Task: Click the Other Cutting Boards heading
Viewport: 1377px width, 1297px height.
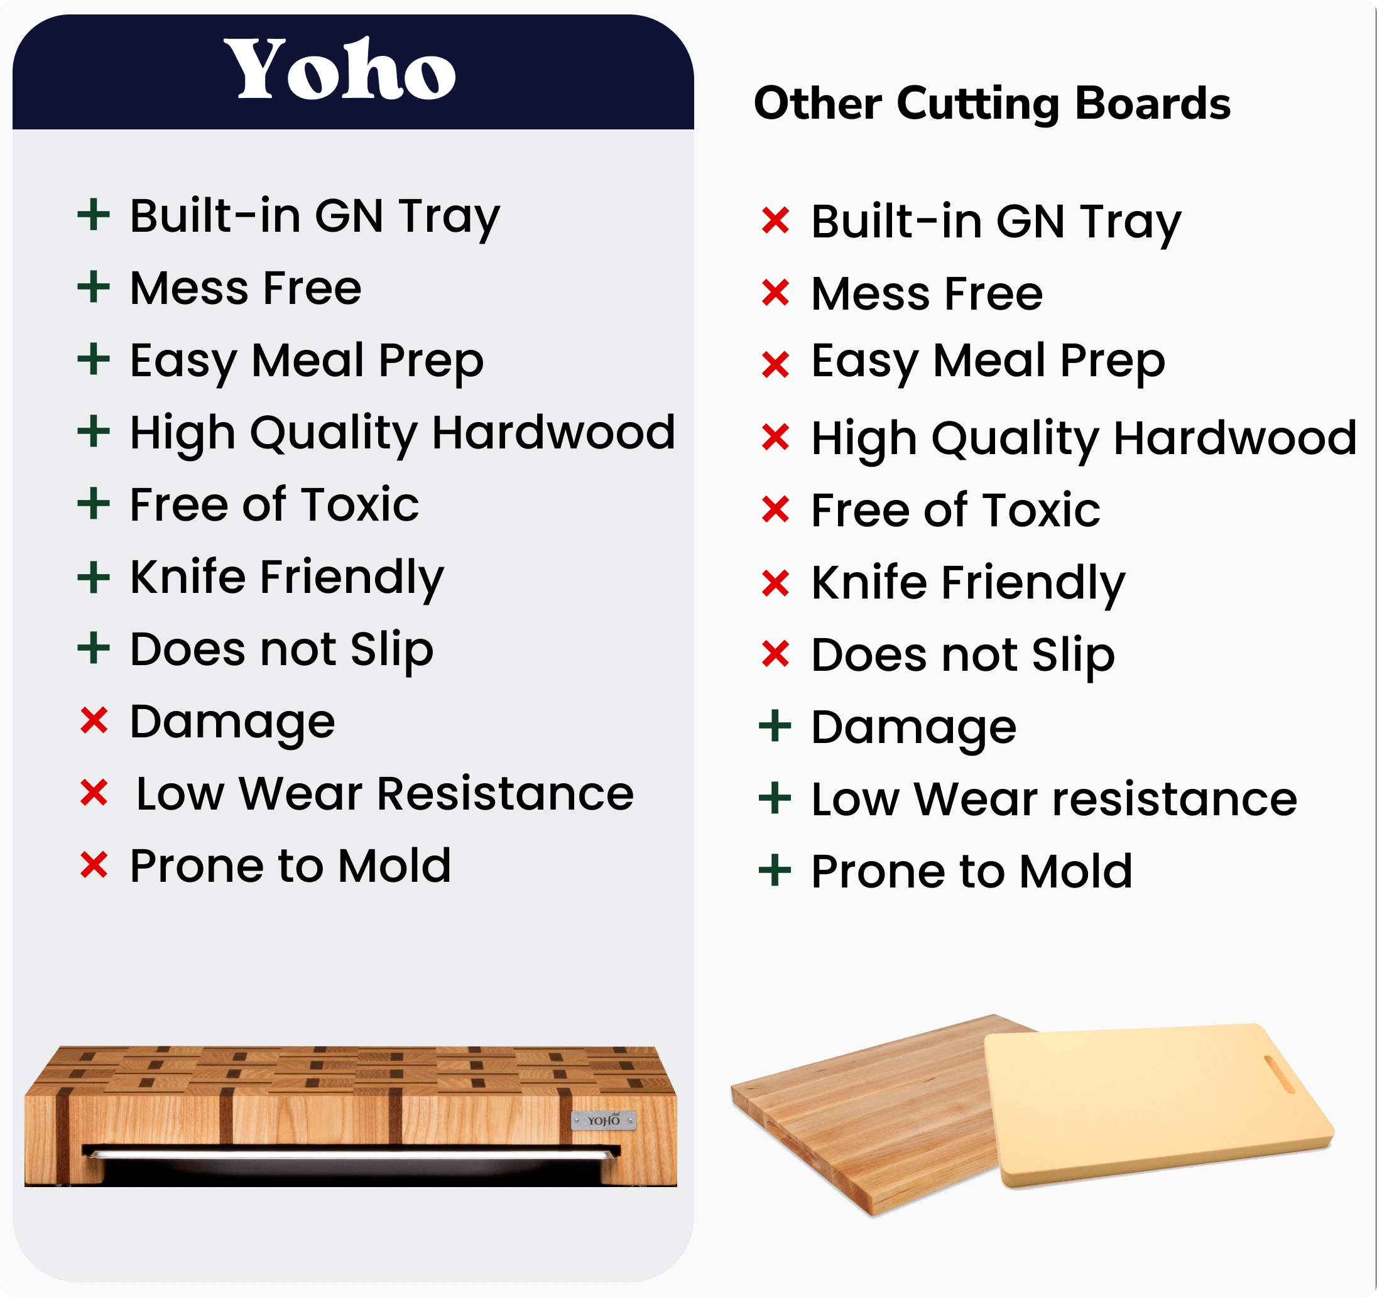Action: (x=992, y=104)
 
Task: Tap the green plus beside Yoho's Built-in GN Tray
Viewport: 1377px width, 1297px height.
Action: (x=94, y=215)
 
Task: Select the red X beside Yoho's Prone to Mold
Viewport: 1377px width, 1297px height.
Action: (x=94, y=865)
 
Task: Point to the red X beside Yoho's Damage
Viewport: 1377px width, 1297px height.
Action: (x=94, y=720)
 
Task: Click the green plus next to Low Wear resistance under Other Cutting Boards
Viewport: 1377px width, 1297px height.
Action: (x=775, y=798)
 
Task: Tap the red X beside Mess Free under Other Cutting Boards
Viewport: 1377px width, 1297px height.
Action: (x=775, y=292)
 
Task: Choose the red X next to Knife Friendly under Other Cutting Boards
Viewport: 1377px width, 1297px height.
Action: (x=775, y=582)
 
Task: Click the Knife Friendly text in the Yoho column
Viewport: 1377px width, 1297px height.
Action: (x=286, y=578)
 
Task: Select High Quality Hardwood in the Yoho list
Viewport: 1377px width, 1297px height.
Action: (x=403, y=433)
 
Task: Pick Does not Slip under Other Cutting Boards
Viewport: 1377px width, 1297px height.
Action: (x=963, y=655)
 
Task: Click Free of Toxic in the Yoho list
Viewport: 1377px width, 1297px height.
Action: (x=275, y=504)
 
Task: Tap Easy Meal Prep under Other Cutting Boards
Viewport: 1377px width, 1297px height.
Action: (x=988, y=362)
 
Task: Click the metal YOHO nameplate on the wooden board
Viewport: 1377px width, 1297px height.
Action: (x=603, y=1121)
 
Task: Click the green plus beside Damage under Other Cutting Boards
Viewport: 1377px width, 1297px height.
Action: (x=775, y=727)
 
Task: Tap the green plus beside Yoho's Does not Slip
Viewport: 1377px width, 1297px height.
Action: (x=94, y=648)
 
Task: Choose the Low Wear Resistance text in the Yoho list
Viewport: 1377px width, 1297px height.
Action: (x=384, y=793)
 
